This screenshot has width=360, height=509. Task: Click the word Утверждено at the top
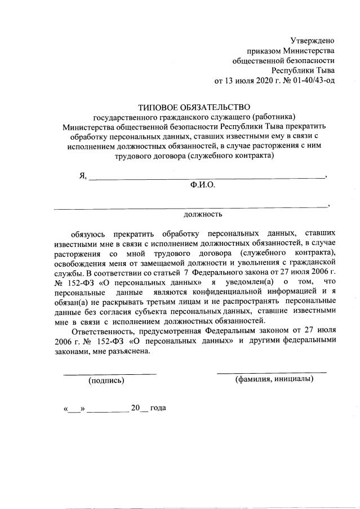pos(312,40)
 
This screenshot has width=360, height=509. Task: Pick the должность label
pos(203,214)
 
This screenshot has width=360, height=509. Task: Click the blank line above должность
pos(191,207)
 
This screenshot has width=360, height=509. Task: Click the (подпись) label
pos(106,380)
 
